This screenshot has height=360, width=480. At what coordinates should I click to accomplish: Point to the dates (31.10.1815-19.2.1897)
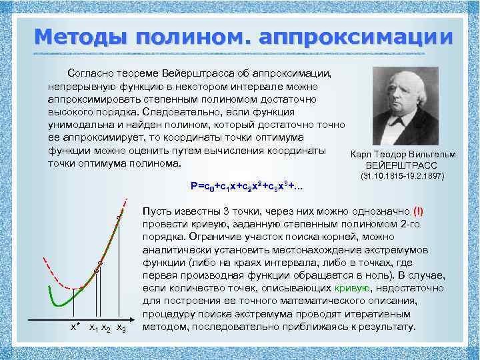coord(402,177)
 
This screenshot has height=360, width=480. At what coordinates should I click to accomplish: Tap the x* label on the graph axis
coord(76,327)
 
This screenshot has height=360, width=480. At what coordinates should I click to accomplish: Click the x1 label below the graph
coord(94,328)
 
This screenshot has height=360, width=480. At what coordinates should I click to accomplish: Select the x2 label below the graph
coord(107,328)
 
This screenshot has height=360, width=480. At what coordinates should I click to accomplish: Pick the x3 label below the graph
coord(121,328)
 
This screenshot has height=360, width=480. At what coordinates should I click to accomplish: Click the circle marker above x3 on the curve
coord(119,217)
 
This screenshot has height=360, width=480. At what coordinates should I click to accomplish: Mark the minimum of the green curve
coord(59,304)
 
